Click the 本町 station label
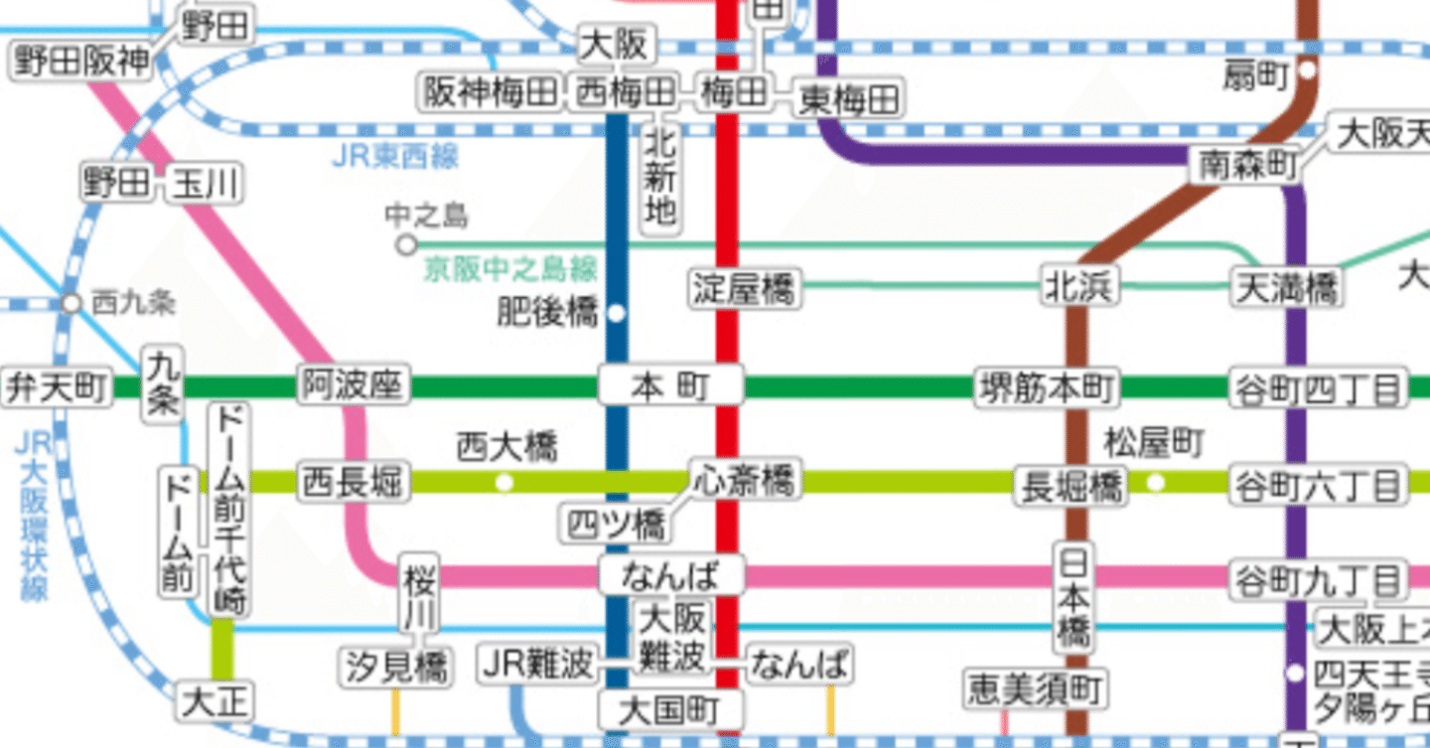(670, 386)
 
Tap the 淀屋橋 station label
(745, 289)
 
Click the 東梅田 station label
(848, 99)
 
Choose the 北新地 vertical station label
(660, 179)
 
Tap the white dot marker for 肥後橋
(616, 313)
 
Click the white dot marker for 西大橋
(504, 483)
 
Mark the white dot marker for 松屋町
(1155, 483)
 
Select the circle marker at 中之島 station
(405, 243)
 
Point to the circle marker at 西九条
(71, 303)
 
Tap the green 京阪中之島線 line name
(510, 269)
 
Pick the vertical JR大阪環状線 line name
(33, 517)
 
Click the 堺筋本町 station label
(1047, 387)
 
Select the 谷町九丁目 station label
(1318, 578)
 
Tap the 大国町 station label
(670, 709)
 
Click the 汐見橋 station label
(397, 667)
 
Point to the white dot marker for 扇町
(1307, 71)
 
